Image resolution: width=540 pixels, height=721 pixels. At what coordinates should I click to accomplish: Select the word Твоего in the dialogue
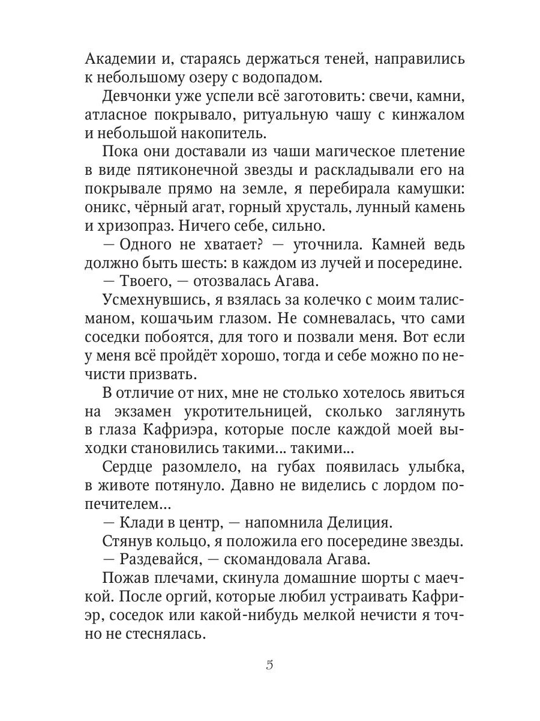[x=143, y=282]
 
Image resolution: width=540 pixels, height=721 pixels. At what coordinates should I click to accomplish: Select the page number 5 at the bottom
[x=269, y=665]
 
